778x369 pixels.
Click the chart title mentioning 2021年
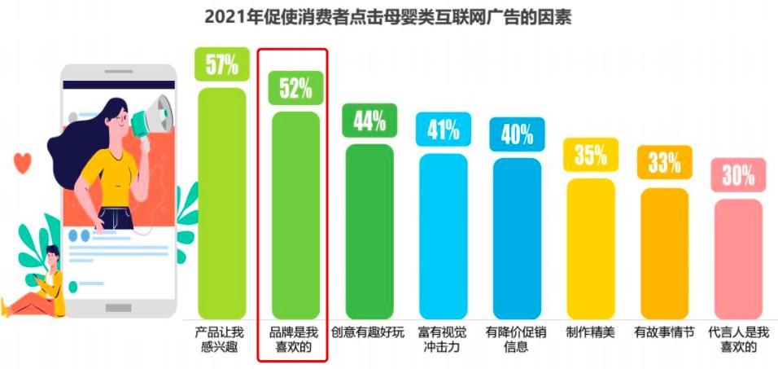(x=388, y=17)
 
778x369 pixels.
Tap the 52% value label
(x=295, y=88)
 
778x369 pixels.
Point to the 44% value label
(x=369, y=121)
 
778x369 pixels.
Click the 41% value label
(x=444, y=129)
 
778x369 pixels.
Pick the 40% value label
(x=517, y=134)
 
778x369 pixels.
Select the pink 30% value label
(x=738, y=174)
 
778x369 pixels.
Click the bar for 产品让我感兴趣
(x=221, y=204)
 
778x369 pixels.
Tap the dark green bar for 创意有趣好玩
(x=369, y=232)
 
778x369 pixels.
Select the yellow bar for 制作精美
(x=591, y=248)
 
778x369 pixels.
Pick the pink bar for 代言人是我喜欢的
(x=738, y=259)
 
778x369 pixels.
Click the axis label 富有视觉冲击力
(x=444, y=339)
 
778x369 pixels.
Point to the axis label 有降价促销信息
(x=517, y=339)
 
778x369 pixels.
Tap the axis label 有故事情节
(x=664, y=332)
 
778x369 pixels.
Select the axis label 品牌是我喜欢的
(x=295, y=339)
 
